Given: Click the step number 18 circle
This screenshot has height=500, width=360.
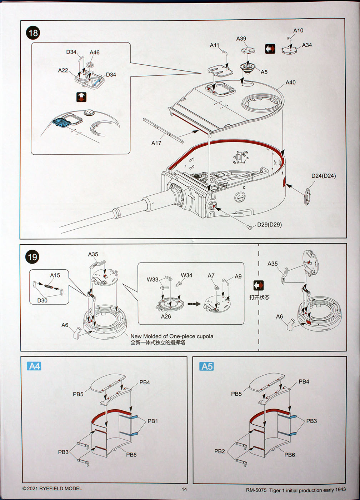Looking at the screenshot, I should (x=33, y=33).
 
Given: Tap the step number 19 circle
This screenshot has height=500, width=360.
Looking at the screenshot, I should (x=32, y=257).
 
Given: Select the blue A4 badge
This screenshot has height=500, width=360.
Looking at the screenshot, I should (x=34, y=366).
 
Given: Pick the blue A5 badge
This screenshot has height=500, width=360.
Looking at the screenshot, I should (x=207, y=366).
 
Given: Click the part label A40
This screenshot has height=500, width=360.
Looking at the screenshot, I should (x=291, y=82).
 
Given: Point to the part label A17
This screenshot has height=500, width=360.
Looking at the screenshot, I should (x=156, y=143).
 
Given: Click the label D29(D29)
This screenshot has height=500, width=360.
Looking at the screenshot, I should (x=269, y=225).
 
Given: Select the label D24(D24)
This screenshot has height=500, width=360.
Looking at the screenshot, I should (x=324, y=176).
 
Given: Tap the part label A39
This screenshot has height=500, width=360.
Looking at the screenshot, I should (x=241, y=39).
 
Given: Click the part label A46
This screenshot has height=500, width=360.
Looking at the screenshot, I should (x=95, y=52).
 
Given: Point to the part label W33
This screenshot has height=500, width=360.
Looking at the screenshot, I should (x=152, y=279).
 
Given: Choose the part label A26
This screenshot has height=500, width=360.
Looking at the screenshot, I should (x=166, y=316).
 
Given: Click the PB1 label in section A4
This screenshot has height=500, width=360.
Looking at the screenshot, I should (x=153, y=421).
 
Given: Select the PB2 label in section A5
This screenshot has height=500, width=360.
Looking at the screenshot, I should (x=220, y=451).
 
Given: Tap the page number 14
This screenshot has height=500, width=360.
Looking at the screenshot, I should (x=184, y=489).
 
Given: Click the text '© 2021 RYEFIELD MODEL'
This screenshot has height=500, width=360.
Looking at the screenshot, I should (x=52, y=488).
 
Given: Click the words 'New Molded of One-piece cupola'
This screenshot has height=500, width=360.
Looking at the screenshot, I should (x=172, y=336).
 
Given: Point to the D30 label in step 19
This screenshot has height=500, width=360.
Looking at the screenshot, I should (x=42, y=300).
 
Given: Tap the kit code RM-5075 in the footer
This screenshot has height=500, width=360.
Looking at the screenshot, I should (x=256, y=490).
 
